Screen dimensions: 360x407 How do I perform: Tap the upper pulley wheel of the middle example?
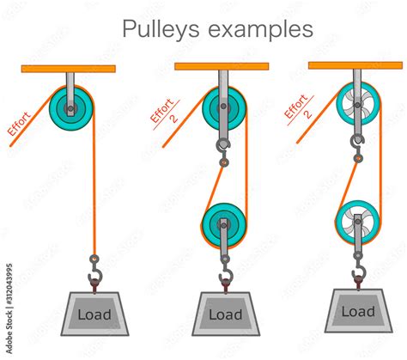click(x=224, y=109)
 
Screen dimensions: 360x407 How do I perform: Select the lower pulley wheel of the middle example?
click(x=224, y=225)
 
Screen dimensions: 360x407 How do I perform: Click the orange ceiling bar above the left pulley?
click(x=68, y=67)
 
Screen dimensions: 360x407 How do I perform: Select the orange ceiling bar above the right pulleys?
click(x=356, y=65)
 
